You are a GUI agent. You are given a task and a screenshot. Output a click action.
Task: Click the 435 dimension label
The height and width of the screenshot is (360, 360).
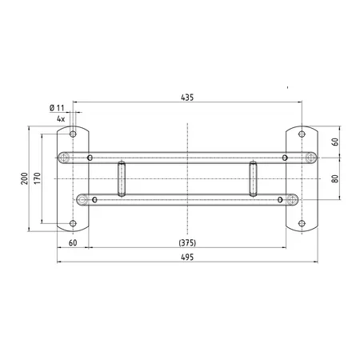186,97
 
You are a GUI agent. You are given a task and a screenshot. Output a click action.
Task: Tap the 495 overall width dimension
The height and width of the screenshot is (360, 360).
186,258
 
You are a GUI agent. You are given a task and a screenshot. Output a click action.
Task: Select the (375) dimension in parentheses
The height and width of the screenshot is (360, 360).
186,242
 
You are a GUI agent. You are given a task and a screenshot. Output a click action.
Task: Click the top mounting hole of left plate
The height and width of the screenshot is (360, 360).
73,133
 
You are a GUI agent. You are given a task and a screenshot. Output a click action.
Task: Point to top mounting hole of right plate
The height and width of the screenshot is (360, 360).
301,133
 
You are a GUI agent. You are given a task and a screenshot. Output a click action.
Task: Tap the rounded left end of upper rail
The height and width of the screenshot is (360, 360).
63,157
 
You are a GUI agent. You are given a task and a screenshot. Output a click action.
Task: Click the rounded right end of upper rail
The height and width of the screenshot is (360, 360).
310,157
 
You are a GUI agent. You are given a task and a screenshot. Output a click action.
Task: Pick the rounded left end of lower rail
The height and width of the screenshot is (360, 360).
81,198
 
